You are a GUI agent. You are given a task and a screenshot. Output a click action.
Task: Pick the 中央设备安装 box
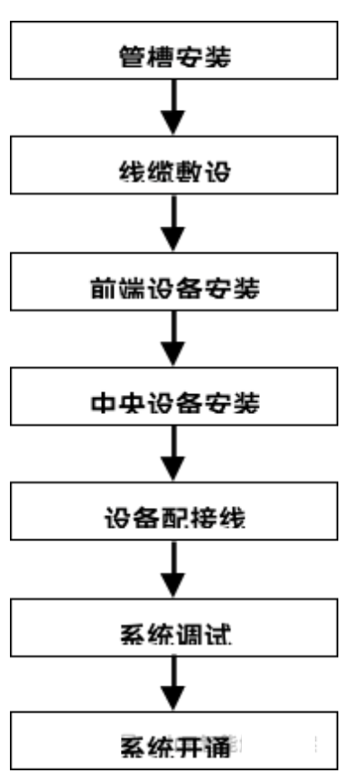tap(178, 403)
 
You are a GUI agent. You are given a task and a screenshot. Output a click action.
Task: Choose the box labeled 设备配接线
tap(178, 520)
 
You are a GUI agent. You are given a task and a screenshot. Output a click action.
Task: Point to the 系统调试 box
tap(178, 636)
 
